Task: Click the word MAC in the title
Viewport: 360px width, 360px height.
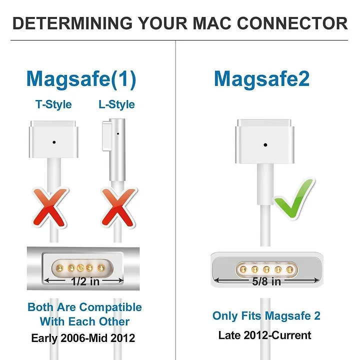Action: (211, 23)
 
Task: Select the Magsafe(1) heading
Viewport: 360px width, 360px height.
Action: (81, 79)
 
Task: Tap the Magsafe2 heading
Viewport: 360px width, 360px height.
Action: (261, 79)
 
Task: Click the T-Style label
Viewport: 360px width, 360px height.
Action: (53, 104)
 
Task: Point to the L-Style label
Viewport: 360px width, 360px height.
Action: (116, 104)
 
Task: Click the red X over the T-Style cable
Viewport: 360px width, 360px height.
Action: (50, 208)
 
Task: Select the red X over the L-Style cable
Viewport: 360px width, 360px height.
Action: (118, 208)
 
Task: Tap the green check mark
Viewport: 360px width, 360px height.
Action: (294, 199)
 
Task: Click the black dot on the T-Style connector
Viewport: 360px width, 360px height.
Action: (54, 142)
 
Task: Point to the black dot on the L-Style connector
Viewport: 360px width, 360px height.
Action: (118, 133)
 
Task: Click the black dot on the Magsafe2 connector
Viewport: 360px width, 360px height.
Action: (265, 145)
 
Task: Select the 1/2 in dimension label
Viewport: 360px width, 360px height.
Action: (85, 281)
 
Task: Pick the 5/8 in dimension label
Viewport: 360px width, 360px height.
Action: (266, 281)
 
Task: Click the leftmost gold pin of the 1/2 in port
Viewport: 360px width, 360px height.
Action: (59, 267)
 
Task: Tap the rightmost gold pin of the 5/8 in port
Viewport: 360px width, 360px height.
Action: (289, 269)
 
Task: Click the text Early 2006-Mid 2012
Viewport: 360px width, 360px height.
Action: (83, 338)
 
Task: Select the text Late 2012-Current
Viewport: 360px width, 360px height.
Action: (264, 335)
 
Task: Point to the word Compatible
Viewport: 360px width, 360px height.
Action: (110, 307)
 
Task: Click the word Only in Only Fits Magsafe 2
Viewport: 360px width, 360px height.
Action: (225, 316)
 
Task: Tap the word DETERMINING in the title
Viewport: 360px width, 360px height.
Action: (72, 23)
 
